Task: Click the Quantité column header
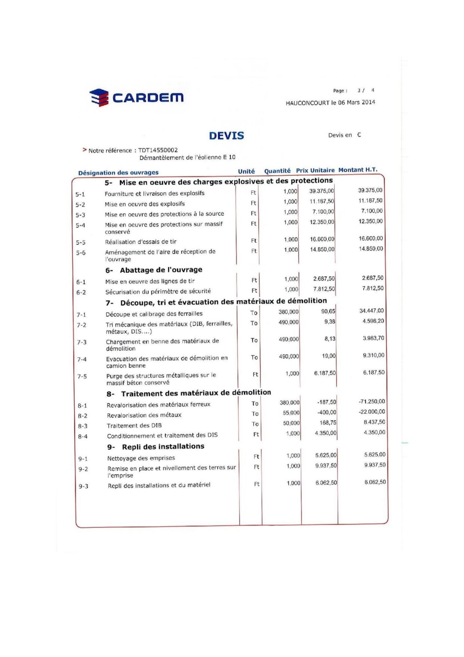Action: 277,171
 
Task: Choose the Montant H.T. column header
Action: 358,170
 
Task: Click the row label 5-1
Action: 80,194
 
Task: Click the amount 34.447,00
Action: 371,311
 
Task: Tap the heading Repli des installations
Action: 163,446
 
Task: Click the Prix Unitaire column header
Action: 315,170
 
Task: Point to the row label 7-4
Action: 82,359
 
